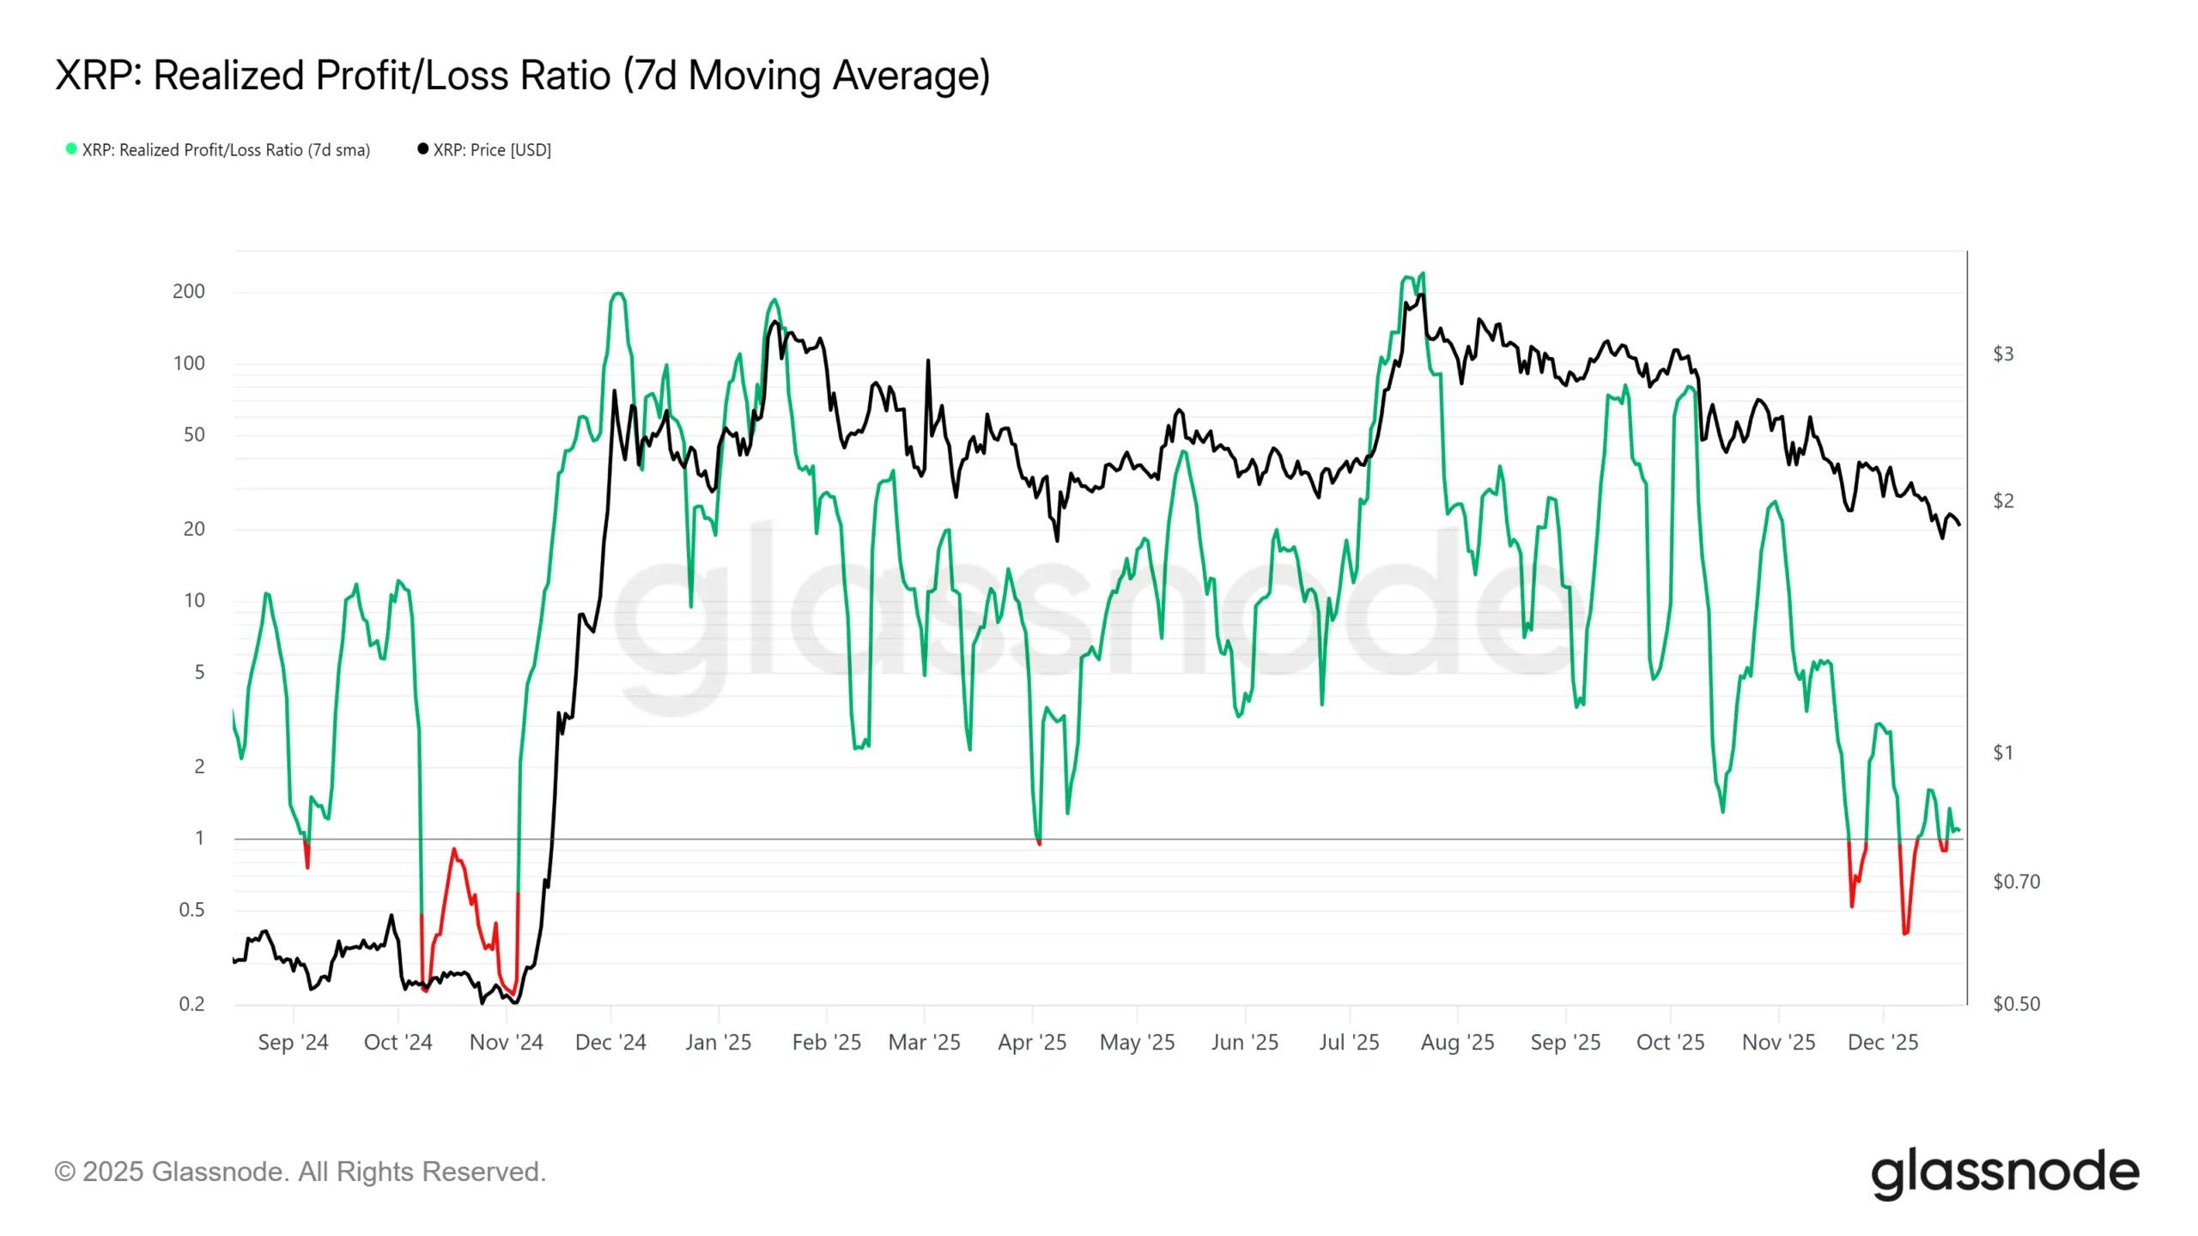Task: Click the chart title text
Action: (x=522, y=76)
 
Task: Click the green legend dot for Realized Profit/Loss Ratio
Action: (x=71, y=149)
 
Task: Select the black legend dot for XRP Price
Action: (x=422, y=149)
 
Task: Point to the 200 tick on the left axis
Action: (x=189, y=291)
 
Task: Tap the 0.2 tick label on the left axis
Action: (x=191, y=1003)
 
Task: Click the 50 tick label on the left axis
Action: (x=194, y=434)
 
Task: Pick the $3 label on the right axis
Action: (x=2002, y=354)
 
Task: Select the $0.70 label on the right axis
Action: (x=2015, y=882)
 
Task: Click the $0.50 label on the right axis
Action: (x=2015, y=1003)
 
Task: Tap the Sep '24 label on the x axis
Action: (x=293, y=1042)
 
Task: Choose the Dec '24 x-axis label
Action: (x=610, y=1042)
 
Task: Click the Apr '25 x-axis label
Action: (x=1031, y=1042)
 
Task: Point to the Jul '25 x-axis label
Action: (x=1349, y=1042)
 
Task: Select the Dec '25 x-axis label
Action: (x=1882, y=1042)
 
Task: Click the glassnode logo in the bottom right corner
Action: (x=2005, y=1172)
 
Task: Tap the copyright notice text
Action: (x=300, y=1172)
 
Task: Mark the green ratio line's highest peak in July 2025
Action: (x=1423, y=274)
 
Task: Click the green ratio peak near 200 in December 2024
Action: (x=618, y=294)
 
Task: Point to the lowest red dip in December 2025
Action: (x=1905, y=933)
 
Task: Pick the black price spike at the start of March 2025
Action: (x=928, y=360)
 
